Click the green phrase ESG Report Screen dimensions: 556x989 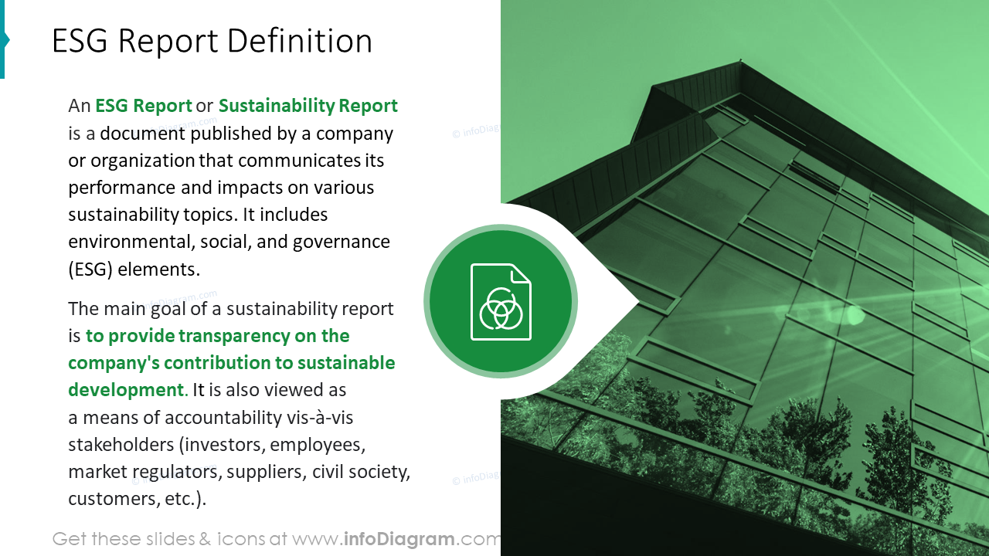click(x=144, y=106)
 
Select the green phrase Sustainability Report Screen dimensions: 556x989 click(x=308, y=106)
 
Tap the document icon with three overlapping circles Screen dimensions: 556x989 click(x=501, y=302)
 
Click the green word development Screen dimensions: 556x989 click(x=126, y=390)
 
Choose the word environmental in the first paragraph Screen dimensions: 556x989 click(x=128, y=242)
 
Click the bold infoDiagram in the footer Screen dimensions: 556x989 click(x=397, y=539)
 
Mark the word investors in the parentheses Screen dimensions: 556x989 click(x=224, y=445)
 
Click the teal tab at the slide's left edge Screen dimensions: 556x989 click(x=3, y=40)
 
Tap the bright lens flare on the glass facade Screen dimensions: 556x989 click(x=855, y=314)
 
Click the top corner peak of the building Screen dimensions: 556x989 click(x=741, y=64)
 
